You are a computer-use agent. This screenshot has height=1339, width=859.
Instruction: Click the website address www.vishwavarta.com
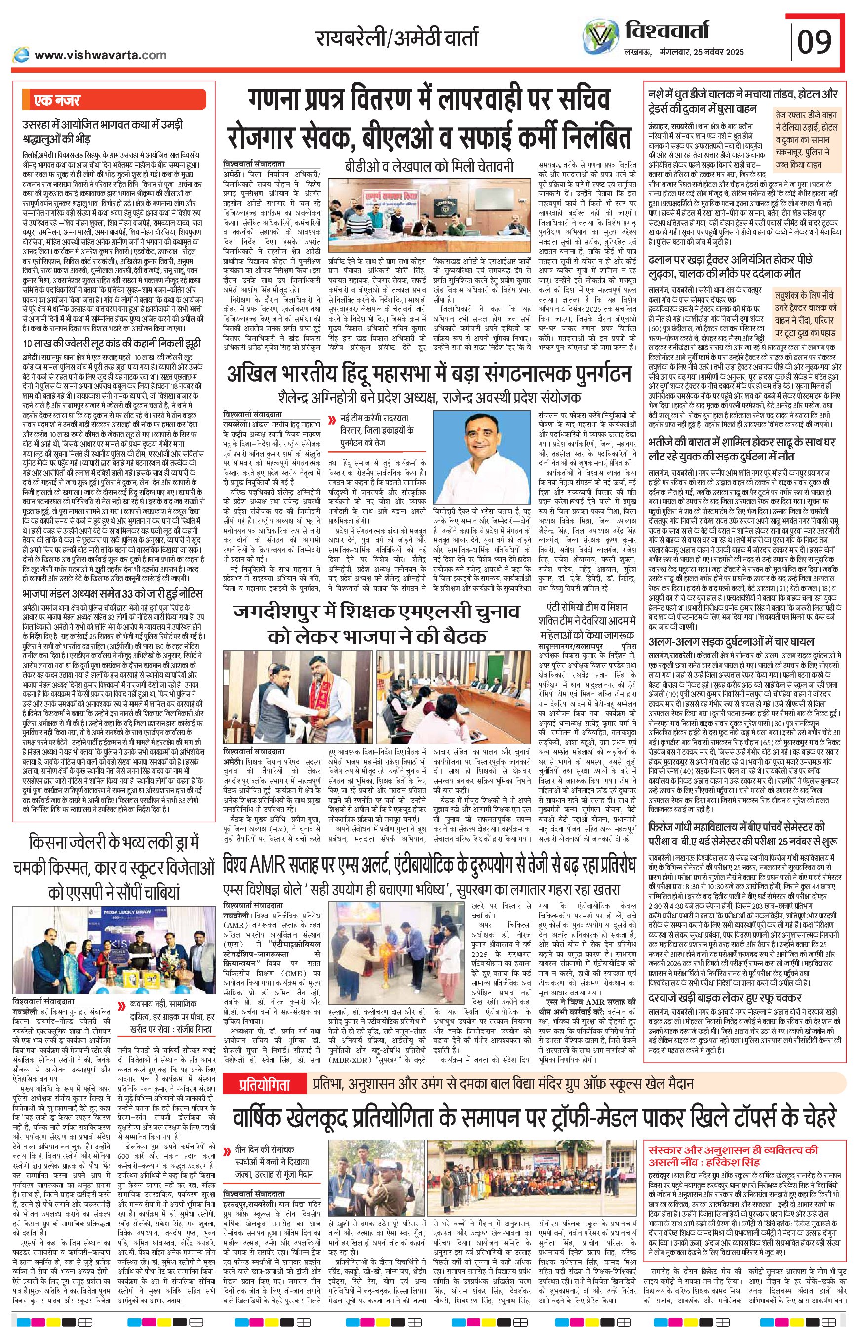coord(100,55)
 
